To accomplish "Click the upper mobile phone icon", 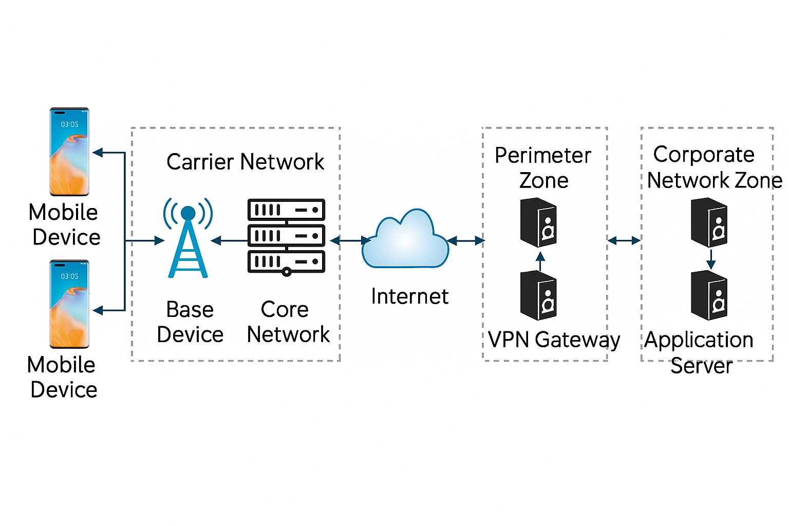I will tap(69, 152).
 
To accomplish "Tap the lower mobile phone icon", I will tap(69, 304).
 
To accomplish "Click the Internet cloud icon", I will tap(405, 240).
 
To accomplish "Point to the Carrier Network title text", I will tap(245, 162).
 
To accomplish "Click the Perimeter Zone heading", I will tap(543, 167).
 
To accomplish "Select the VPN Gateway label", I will tap(554, 340).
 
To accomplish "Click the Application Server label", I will tap(700, 352).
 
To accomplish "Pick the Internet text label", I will tap(409, 296).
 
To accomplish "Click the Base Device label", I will tap(190, 322).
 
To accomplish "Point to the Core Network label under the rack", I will tap(288, 322).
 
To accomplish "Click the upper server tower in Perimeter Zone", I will tap(538, 223).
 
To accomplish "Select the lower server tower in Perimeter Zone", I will tap(538, 295).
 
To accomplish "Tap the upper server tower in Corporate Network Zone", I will tap(709, 223).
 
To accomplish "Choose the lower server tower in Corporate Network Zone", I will tap(709, 295).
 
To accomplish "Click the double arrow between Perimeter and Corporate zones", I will tap(624, 240).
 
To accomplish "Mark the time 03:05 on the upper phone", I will tap(69, 124).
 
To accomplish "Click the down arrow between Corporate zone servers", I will tap(711, 259).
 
